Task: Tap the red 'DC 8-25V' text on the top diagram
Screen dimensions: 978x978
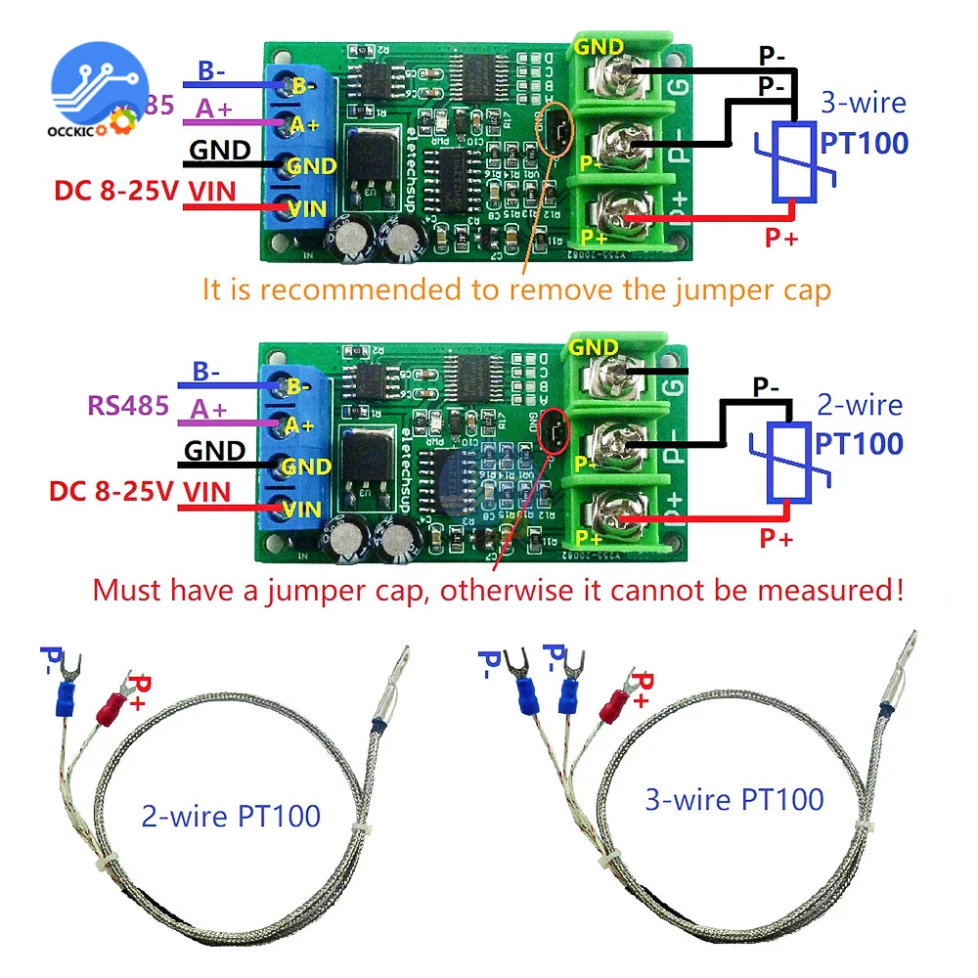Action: [115, 193]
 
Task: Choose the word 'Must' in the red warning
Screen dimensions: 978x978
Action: [128, 590]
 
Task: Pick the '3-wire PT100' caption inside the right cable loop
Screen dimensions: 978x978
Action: [733, 799]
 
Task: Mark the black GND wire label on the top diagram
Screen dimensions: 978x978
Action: [219, 151]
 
